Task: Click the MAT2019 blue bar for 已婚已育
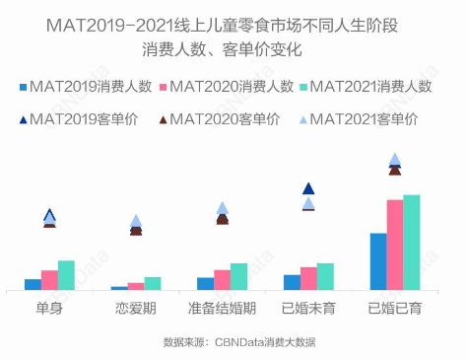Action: coord(377,261)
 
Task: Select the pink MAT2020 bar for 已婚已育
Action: coord(394,245)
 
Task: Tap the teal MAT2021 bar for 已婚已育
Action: coord(412,243)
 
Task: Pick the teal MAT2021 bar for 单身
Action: coord(66,275)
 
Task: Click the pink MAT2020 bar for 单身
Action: coord(49,280)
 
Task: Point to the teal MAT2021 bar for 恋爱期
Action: coord(153,283)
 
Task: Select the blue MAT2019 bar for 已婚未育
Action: coord(292,282)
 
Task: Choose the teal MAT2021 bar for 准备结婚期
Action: coord(238,276)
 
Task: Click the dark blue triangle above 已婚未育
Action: coord(308,188)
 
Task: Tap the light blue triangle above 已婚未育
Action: coord(308,203)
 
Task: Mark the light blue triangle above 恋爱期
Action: coord(136,221)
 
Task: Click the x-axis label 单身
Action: coord(49,309)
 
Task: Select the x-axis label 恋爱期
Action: coord(136,309)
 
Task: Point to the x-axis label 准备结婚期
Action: coord(222,309)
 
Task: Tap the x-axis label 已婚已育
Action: coord(394,309)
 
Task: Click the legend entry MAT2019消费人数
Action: coord(84,88)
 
